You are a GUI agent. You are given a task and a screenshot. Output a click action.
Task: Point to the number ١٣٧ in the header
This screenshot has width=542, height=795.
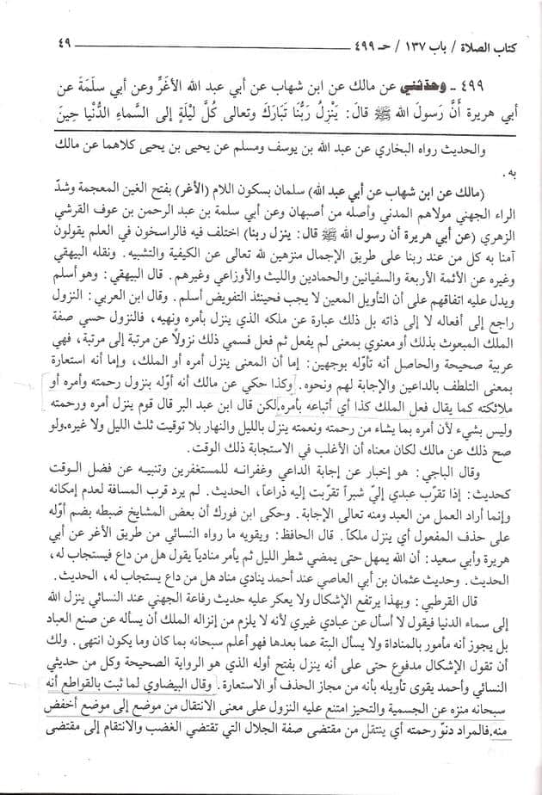[x=415, y=40]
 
